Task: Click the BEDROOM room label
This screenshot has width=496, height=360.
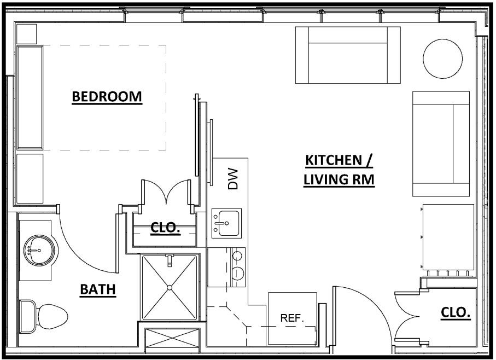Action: (107, 97)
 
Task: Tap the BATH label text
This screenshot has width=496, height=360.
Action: (98, 289)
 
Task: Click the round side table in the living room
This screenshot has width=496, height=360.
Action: (441, 58)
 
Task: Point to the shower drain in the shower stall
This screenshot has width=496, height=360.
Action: (170, 287)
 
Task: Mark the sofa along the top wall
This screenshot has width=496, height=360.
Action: (348, 55)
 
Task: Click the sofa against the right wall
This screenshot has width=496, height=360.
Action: (441, 144)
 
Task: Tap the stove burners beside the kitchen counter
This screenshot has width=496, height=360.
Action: (238, 264)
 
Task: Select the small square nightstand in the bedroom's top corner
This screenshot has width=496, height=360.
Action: (26, 34)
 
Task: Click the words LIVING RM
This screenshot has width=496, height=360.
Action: (339, 179)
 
